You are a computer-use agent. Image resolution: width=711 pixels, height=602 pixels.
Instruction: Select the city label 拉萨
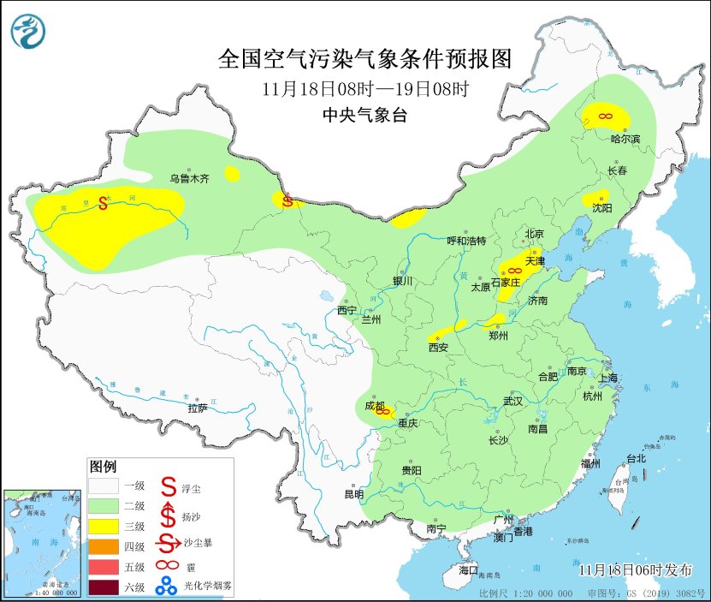pos(198,408)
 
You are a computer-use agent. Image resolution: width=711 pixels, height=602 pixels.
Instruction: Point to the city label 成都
pos(375,405)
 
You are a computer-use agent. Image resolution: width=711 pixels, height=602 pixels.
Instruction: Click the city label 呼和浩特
pos(465,241)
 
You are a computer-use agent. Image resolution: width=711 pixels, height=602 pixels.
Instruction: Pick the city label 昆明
pos(353,494)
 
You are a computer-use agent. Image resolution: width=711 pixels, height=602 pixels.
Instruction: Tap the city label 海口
pos(468,569)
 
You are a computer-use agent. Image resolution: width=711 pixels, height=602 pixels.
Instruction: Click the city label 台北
pos(636,458)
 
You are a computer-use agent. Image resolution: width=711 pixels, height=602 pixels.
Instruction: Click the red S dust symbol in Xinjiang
pos(103,203)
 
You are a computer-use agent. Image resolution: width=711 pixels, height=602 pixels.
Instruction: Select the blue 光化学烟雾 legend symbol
pos(169,587)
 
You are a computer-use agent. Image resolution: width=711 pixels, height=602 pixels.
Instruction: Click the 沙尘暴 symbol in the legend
pos(169,544)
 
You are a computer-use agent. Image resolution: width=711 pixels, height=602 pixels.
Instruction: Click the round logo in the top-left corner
pos(27,32)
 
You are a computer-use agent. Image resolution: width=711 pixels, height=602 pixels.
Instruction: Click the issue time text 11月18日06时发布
pos(631,570)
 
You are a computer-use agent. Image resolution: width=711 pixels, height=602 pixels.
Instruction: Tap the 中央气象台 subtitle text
pos(364,116)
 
